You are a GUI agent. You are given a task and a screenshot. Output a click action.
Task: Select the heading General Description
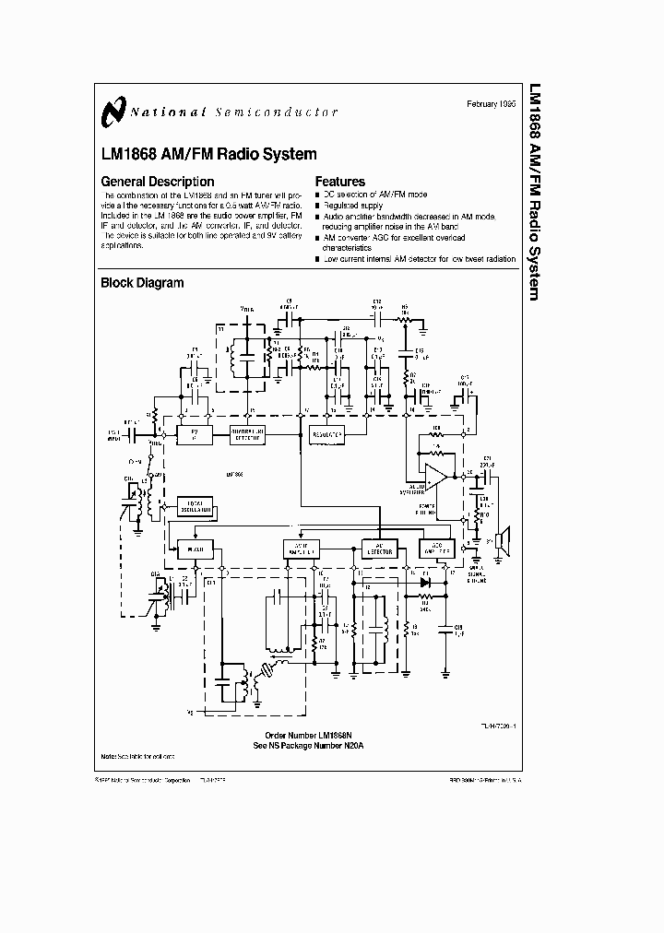click(157, 182)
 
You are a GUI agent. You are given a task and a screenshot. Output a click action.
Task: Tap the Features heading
click(340, 182)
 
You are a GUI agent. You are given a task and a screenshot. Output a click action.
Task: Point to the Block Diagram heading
click(142, 283)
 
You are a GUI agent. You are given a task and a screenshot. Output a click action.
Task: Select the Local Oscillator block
click(195, 504)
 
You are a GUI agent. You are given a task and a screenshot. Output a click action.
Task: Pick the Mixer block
click(196, 548)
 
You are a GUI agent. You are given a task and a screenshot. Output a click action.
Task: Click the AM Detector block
click(379, 548)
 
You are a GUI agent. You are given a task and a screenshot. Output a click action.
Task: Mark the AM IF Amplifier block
click(301, 548)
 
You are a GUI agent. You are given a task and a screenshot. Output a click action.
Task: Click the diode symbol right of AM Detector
click(424, 582)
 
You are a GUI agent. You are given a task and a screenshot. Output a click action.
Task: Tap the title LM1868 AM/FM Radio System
click(208, 154)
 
